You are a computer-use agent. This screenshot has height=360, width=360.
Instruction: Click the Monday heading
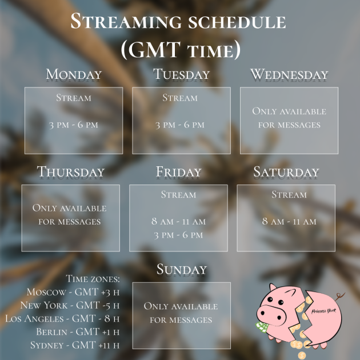coord(74,74)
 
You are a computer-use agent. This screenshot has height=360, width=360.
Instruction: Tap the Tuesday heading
coord(181,74)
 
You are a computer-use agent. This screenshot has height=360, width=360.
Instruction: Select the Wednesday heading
coord(289,74)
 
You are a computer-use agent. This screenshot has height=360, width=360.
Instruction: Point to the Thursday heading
coord(71,172)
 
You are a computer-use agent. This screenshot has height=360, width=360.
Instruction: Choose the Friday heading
coord(179,172)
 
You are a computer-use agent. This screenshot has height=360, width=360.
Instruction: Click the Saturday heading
coord(286,172)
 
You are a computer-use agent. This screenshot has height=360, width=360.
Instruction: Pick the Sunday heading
coord(182,269)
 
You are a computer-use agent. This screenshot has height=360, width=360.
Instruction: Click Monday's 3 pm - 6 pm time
coord(74,125)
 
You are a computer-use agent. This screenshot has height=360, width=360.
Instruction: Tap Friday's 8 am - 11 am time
coord(179,221)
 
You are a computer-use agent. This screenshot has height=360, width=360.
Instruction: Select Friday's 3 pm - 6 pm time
coord(179,235)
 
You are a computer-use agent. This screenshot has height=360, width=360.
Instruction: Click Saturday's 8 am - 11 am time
coord(289,221)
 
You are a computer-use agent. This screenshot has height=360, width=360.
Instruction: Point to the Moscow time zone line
coord(73,292)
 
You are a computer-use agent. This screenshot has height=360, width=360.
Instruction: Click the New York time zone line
coord(70,305)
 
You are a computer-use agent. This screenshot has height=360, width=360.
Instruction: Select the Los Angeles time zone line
coord(62,319)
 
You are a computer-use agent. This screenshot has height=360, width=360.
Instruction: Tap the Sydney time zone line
coord(75,345)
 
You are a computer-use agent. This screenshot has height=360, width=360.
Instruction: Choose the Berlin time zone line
coord(78,332)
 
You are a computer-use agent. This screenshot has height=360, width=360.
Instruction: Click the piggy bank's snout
coord(271,315)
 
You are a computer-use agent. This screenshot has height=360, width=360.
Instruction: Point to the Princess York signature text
coord(323,311)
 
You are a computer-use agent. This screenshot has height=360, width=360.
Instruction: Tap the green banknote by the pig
coord(262,327)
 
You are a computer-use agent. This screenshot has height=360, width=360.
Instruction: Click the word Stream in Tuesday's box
coord(180,98)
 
